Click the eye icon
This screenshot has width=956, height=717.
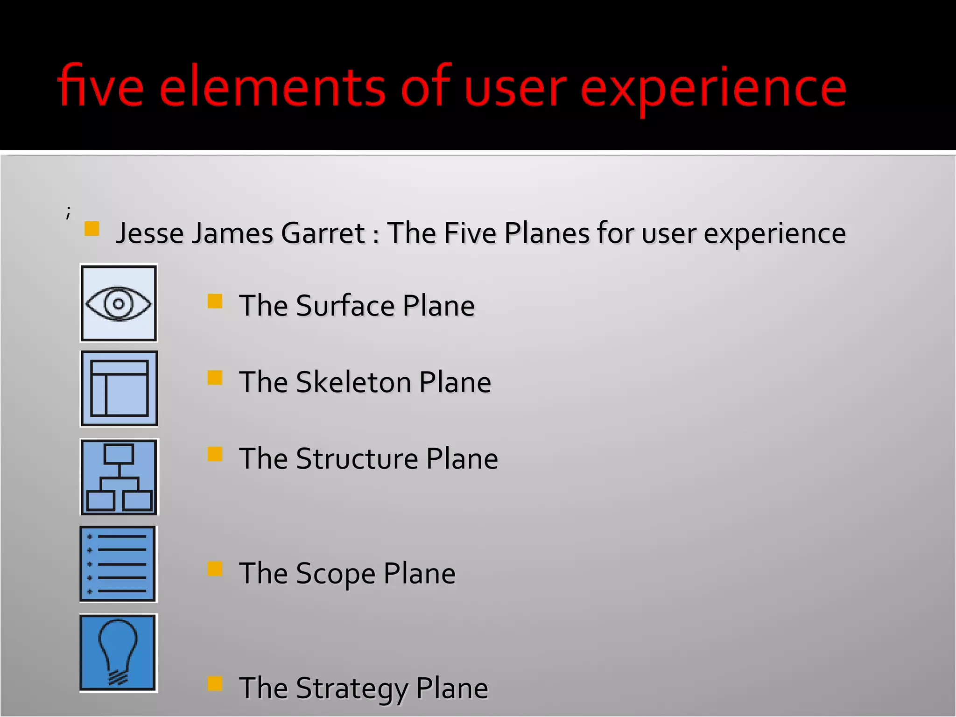[119, 303]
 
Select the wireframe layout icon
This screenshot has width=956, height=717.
[119, 389]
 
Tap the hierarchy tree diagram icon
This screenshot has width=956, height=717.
[119, 477]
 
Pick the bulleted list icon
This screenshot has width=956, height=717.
[118, 564]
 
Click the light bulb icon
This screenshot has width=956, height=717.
[118, 653]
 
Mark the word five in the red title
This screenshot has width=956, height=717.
[100, 86]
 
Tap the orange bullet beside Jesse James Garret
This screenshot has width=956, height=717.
[92, 229]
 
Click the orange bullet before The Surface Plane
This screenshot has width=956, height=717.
[215, 301]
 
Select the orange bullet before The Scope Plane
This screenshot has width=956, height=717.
[215, 569]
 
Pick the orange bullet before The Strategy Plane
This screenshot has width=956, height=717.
[215, 683]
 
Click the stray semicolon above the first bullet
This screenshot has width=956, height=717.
[68, 212]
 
